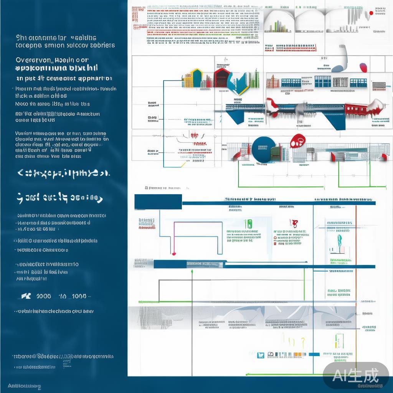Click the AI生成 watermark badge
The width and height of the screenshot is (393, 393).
(x=355, y=375)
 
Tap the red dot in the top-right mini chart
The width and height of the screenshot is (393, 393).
(x=371, y=13)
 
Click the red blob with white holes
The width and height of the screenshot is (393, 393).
(x=297, y=141)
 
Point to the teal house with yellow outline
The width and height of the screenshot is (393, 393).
(x=196, y=78)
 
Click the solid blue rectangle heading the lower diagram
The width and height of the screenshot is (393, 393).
(x=158, y=201)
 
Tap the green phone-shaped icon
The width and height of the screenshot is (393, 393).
(x=248, y=224)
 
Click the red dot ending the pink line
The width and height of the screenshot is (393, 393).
(x=174, y=254)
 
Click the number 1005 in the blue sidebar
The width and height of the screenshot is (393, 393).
(x=43, y=296)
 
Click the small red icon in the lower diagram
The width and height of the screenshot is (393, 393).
(x=294, y=223)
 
